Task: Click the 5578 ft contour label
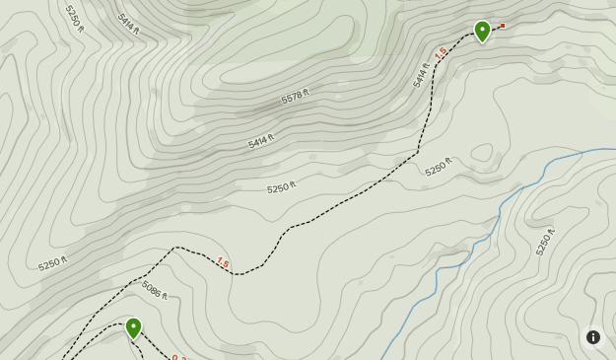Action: tap(295, 96)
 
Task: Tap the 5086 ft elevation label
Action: tap(155, 290)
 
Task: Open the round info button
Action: tap(593, 337)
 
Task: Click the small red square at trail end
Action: tap(503, 26)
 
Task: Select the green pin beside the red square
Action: tap(482, 31)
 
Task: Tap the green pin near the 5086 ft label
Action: tap(133, 327)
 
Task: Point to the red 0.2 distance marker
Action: tap(179, 357)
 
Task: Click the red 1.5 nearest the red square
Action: tap(441, 52)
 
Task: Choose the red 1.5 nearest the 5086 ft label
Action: tap(223, 262)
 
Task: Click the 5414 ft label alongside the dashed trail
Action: tap(422, 75)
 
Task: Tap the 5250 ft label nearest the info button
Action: tap(545, 242)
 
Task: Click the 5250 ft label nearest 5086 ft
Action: tap(53, 264)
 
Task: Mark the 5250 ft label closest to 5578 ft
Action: tap(281, 187)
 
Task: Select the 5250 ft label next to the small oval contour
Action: tap(439, 167)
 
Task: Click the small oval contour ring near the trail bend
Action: tap(482, 154)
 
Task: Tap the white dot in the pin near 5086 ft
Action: tap(133, 324)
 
